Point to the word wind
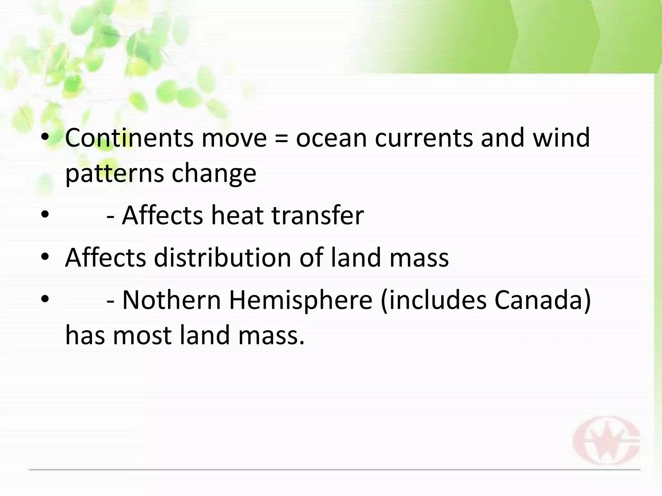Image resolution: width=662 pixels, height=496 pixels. (561, 138)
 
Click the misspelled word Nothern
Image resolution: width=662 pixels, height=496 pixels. (172, 300)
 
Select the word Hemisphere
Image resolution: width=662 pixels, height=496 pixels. (301, 300)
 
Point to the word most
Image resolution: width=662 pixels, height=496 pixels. (142, 336)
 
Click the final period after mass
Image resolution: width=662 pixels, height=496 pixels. (302, 343)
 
